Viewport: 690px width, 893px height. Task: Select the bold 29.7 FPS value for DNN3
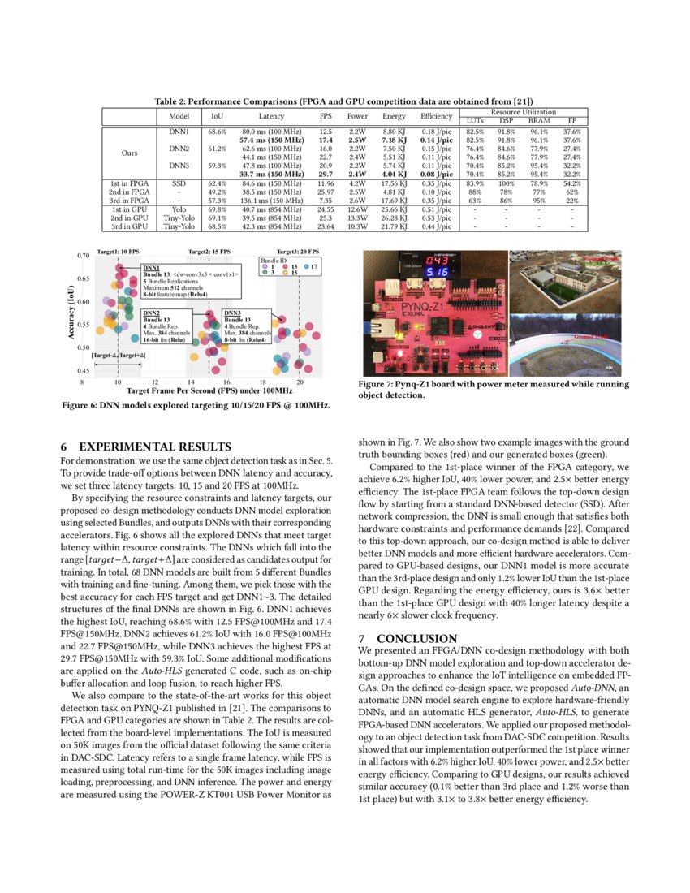[x=327, y=174]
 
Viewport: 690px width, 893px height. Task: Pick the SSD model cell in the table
[x=179, y=184]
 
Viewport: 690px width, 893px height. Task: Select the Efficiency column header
[x=436, y=116]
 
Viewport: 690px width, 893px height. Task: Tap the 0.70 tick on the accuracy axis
[x=83, y=255]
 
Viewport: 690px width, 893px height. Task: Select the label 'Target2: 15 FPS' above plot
[x=209, y=252]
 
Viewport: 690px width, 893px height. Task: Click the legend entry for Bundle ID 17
[x=313, y=266]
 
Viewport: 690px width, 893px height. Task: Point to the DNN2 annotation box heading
[x=152, y=312]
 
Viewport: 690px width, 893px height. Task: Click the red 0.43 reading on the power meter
[x=438, y=260]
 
